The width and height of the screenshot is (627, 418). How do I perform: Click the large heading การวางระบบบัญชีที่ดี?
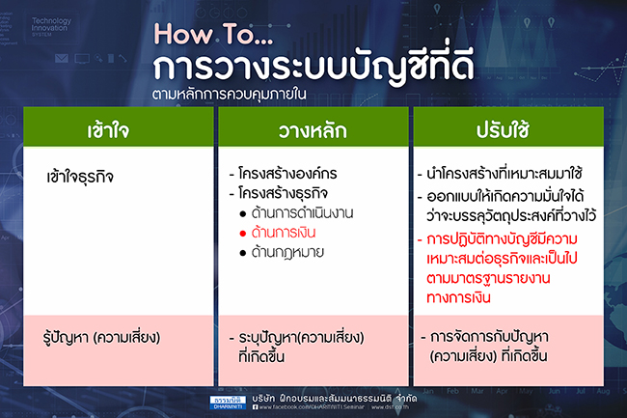point(301,69)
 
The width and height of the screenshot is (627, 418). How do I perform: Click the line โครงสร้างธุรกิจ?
point(287,193)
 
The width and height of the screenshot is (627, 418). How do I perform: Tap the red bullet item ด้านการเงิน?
point(290,233)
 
